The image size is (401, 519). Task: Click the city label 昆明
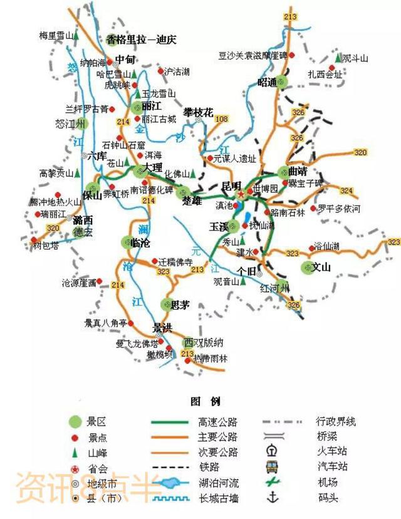(x=231, y=186)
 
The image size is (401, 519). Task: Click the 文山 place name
(x=321, y=268)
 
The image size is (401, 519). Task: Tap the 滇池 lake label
(x=223, y=205)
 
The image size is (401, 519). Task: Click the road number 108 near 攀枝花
(x=222, y=119)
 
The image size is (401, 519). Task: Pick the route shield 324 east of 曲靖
(x=346, y=190)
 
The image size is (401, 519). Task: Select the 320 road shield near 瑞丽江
(x=52, y=228)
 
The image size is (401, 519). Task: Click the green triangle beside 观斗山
(x=338, y=58)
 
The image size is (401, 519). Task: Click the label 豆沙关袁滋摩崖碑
(x=253, y=56)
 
